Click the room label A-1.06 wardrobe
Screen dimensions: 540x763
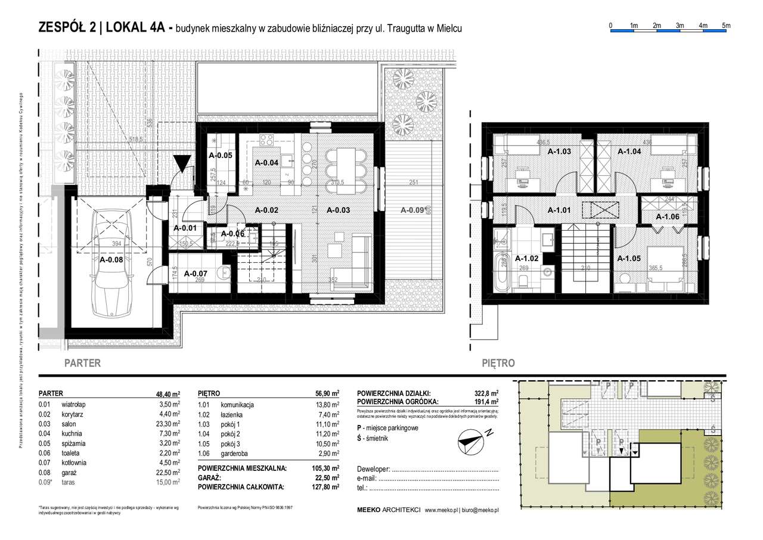tap(668, 217)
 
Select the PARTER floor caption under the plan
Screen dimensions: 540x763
tap(82, 363)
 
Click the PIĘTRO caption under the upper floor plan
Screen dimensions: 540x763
tap(499, 363)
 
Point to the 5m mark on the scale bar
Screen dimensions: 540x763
tap(725, 25)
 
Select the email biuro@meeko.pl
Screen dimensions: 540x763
tap(480, 510)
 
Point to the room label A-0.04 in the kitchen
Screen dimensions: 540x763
tap(267, 162)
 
